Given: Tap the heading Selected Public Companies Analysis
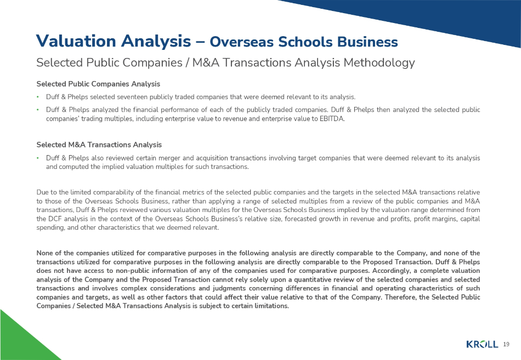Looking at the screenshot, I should pyautogui.click(x=98, y=84).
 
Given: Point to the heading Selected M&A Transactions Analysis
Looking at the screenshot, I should pyautogui.click(x=99, y=145).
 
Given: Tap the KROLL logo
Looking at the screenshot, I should pyautogui.click(x=482, y=344).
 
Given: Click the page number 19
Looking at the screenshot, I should pyautogui.click(x=506, y=344).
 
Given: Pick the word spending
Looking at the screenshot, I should pyautogui.click(x=50, y=227).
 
